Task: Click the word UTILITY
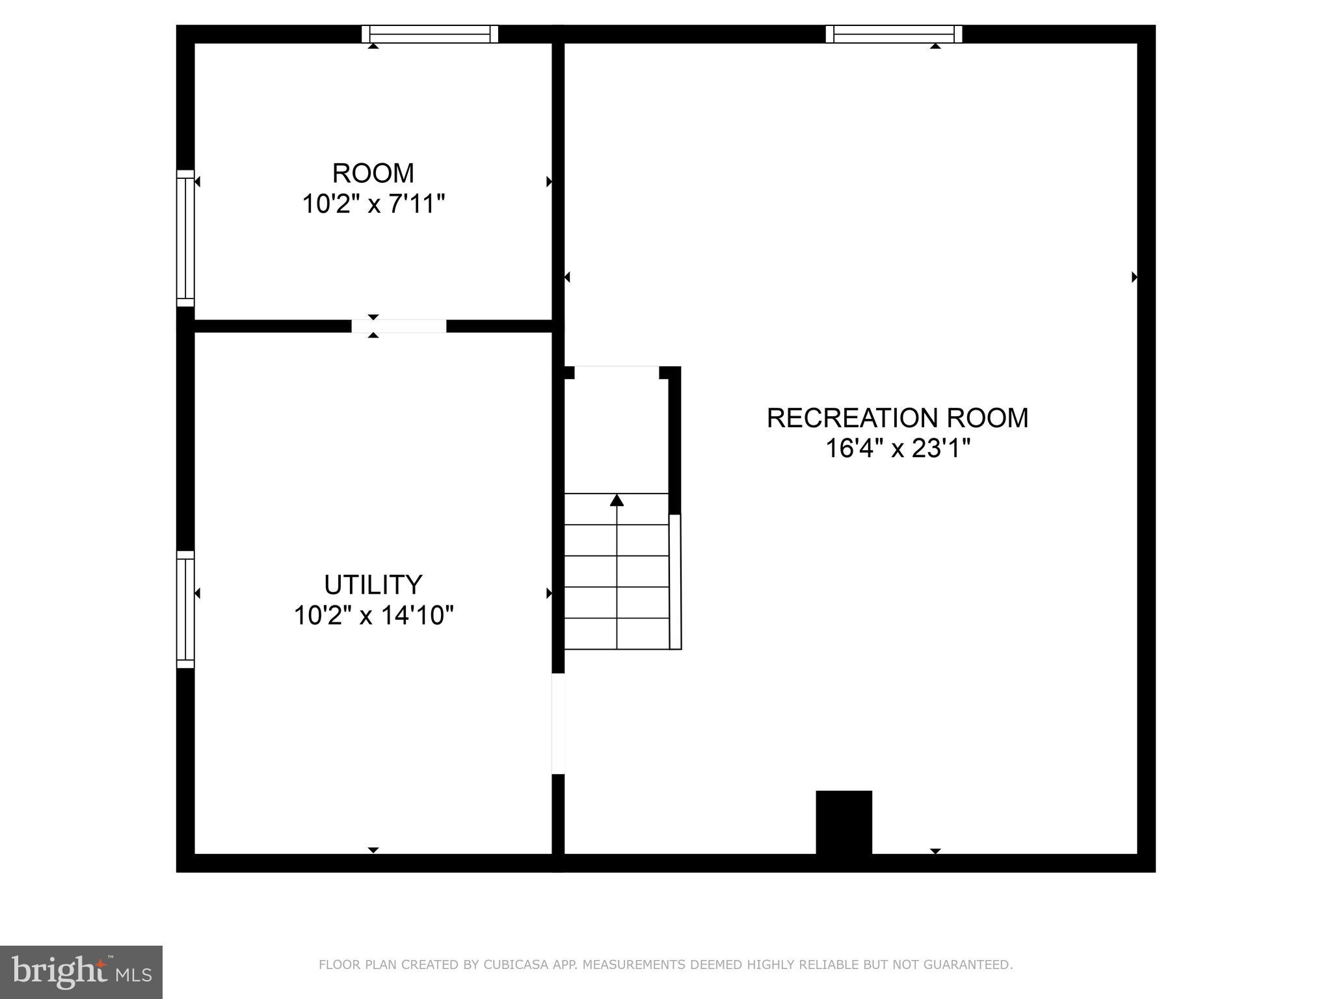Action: point(373,585)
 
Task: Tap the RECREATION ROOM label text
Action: point(897,418)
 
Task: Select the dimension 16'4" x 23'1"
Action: point(898,449)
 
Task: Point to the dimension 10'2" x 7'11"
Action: point(373,205)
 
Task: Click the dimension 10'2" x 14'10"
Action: point(373,615)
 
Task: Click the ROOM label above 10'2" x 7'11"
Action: point(373,174)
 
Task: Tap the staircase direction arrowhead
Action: point(617,500)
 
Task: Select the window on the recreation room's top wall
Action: point(894,34)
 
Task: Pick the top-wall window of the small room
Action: point(430,34)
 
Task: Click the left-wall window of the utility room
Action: point(185,609)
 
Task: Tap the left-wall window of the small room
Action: point(185,238)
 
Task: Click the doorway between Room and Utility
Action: point(399,326)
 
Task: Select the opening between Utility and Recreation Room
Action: point(558,723)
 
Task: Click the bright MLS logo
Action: point(81,972)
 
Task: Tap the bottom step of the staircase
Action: point(616,633)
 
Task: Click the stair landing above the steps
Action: point(616,429)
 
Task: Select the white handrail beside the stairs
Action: point(675,581)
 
